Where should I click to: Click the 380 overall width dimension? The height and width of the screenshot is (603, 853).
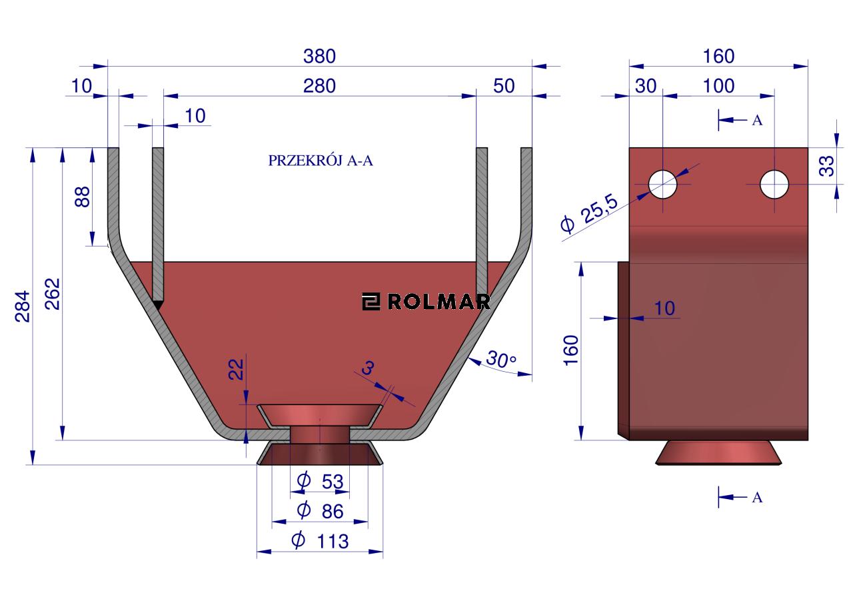click(x=319, y=57)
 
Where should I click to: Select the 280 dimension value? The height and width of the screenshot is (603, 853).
click(x=319, y=86)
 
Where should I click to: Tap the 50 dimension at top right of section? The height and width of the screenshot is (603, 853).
click(x=504, y=86)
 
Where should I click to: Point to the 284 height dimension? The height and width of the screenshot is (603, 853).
click(x=23, y=306)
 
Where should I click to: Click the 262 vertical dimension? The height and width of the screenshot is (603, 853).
click(x=53, y=294)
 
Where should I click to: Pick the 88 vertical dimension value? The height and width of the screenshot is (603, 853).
click(x=82, y=197)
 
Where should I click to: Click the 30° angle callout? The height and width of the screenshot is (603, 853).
click(x=500, y=359)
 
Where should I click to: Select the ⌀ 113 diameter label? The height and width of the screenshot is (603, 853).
click(x=320, y=541)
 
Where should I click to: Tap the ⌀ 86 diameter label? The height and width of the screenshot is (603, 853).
click(x=321, y=511)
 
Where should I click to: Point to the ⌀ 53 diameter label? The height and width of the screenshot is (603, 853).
click(x=321, y=481)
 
